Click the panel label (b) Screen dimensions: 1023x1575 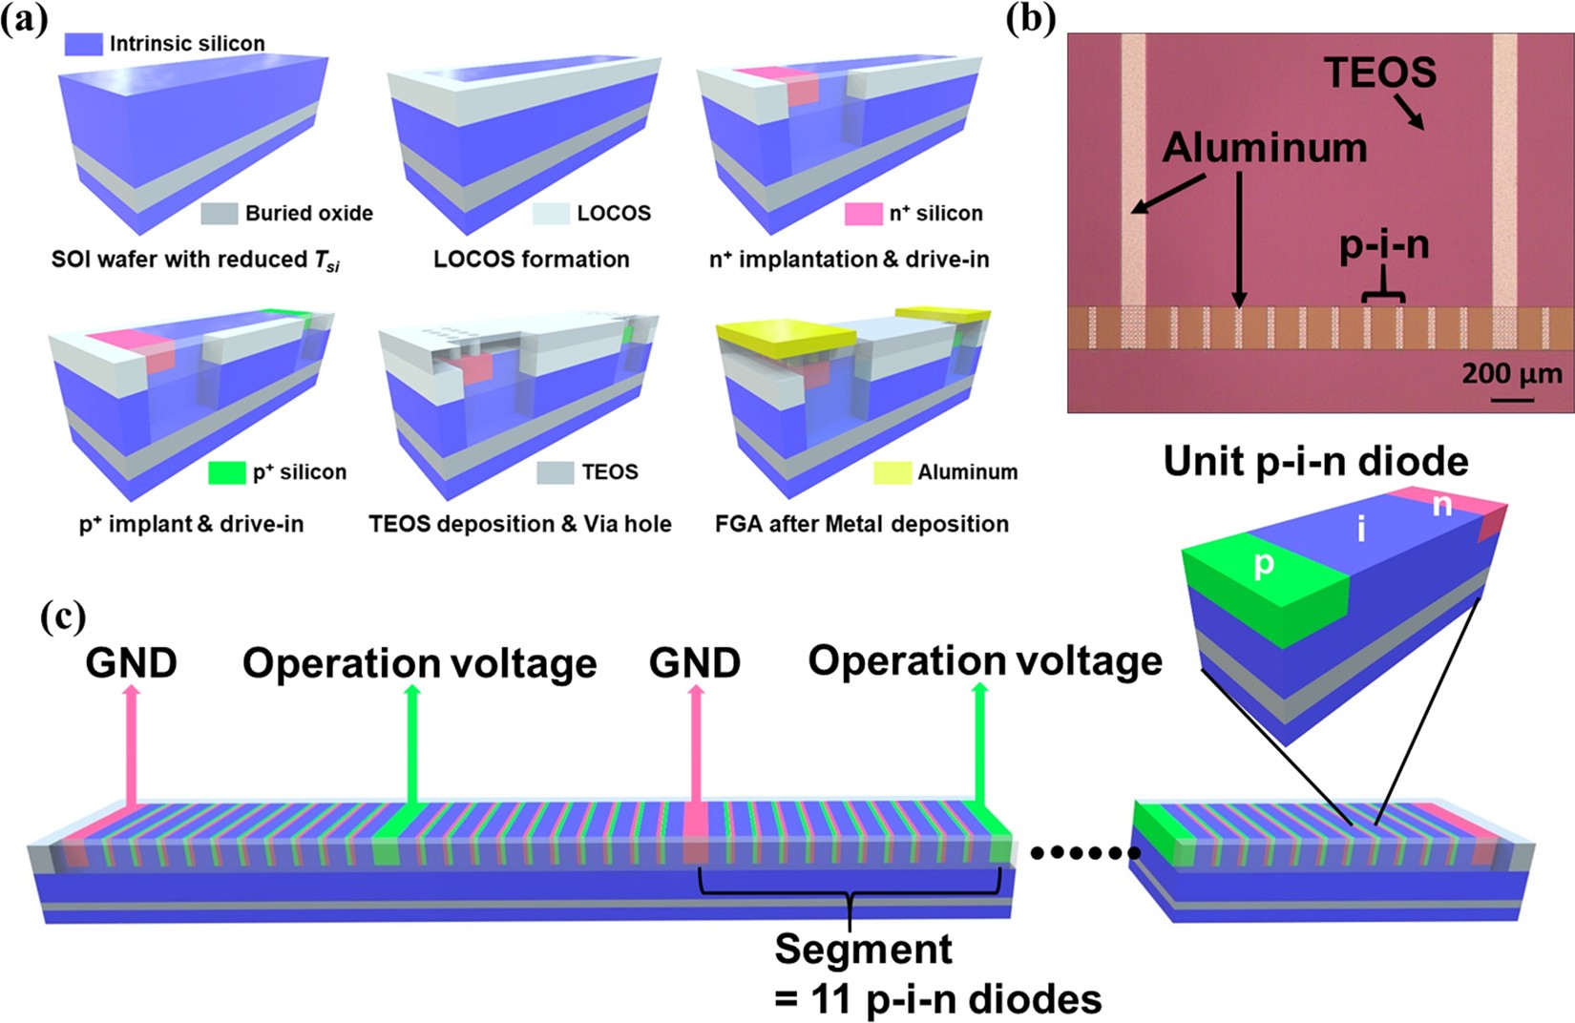coord(1031,19)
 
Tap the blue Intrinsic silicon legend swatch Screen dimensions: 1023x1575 coord(83,44)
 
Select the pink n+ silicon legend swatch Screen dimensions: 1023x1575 coord(863,214)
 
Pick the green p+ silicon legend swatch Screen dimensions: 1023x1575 coord(226,472)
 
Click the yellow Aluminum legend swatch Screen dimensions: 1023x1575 coord(892,472)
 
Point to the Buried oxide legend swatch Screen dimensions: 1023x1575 coord(219,214)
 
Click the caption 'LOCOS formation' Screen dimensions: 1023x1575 coord(531,260)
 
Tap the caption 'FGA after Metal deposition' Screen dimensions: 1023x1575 coord(861,524)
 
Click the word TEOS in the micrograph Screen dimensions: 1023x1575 coord(1380,73)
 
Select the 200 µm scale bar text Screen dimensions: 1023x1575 coord(1512,374)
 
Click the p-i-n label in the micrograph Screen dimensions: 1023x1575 coord(1384,246)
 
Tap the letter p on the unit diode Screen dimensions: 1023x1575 coord(1263,565)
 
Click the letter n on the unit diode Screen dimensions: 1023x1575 coord(1441,505)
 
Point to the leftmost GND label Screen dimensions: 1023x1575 coord(131,662)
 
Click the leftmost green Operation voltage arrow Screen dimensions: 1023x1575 coord(412,744)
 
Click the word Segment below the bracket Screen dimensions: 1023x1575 coord(862,950)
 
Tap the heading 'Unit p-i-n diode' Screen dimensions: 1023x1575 coord(1314,462)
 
